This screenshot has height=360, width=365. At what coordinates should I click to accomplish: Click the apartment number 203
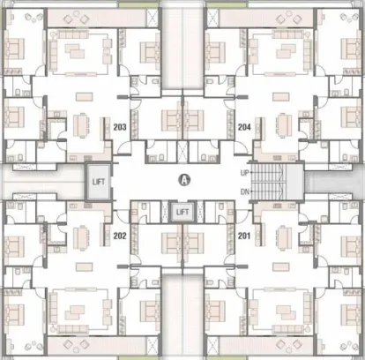120,127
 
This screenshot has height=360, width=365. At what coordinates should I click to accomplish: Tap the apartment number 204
244,127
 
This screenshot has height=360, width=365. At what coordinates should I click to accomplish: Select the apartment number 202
120,236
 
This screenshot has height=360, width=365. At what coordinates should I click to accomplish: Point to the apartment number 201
244,236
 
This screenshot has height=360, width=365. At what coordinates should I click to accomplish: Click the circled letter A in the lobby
184,180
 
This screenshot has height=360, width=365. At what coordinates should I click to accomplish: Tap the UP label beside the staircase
244,173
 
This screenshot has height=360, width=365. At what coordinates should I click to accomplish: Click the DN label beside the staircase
245,192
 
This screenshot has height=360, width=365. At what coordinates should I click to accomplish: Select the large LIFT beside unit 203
99,182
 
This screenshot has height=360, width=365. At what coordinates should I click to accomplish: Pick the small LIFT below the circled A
182,212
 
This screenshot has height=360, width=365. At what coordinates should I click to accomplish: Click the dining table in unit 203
80,125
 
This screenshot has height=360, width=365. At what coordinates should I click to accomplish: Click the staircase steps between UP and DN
268,182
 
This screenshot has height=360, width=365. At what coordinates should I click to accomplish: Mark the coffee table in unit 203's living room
75,51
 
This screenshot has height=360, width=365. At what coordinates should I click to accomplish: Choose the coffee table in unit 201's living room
286,312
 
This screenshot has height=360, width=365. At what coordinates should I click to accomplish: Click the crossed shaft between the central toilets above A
182,151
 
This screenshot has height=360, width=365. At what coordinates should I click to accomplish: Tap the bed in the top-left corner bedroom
14,49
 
